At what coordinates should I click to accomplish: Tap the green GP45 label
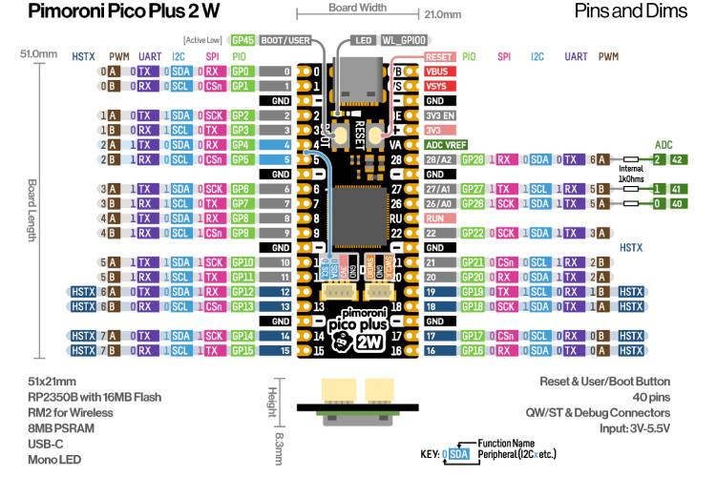point(242,41)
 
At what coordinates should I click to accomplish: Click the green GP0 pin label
point(241,72)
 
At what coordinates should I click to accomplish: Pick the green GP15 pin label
point(241,351)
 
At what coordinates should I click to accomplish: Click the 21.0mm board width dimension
point(440,15)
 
